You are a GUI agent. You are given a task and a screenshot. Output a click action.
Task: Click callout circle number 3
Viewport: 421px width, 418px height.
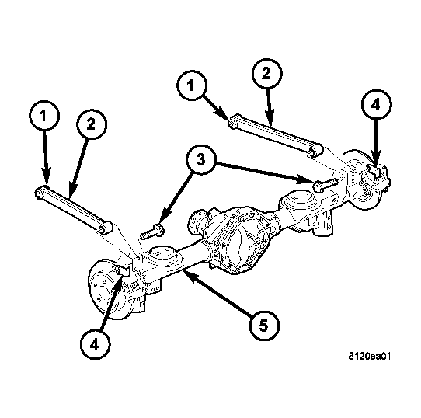(201, 160)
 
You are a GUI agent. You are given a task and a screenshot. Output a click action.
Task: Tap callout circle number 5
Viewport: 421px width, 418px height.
(264, 326)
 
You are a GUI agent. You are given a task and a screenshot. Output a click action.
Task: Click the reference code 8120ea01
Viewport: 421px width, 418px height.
(370, 356)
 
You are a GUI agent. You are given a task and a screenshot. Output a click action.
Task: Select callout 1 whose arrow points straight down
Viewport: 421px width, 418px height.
(43, 116)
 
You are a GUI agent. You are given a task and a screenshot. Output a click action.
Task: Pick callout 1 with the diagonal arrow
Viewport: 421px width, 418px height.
(191, 85)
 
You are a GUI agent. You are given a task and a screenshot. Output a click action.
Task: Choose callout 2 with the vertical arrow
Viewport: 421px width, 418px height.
(266, 74)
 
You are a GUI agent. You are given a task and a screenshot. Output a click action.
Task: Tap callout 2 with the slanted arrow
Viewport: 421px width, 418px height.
(92, 124)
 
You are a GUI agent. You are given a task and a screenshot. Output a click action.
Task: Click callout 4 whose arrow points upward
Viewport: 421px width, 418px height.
(95, 345)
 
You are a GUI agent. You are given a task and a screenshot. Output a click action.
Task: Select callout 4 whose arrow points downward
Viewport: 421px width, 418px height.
(376, 104)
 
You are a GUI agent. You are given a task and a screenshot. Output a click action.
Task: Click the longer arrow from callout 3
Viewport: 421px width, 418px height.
(264, 172)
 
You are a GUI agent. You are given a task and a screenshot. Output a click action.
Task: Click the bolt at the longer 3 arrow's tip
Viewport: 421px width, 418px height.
(325, 184)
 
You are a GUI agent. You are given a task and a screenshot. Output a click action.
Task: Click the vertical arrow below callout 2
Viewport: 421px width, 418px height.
(269, 107)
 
